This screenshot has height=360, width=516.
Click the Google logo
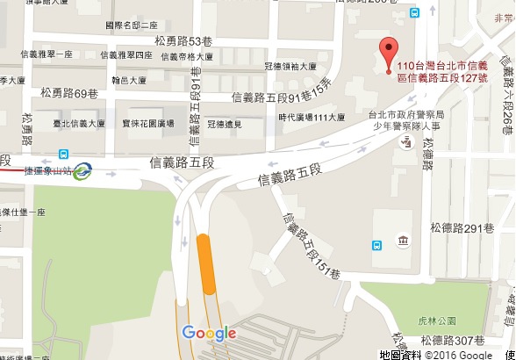point(209,333)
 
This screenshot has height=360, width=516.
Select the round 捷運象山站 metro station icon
point(82,170)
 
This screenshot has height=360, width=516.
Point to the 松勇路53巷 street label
point(183,41)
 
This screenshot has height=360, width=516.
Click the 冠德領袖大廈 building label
point(290,66)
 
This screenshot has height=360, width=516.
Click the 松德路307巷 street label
point(453,340)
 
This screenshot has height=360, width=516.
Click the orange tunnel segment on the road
point(207,263)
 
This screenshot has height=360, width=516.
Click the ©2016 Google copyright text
point(459,354)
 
